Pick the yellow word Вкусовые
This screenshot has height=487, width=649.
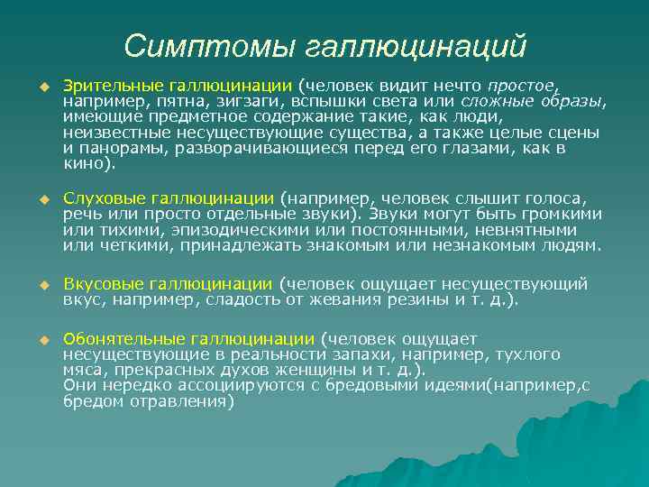click(x=98, y=284)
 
